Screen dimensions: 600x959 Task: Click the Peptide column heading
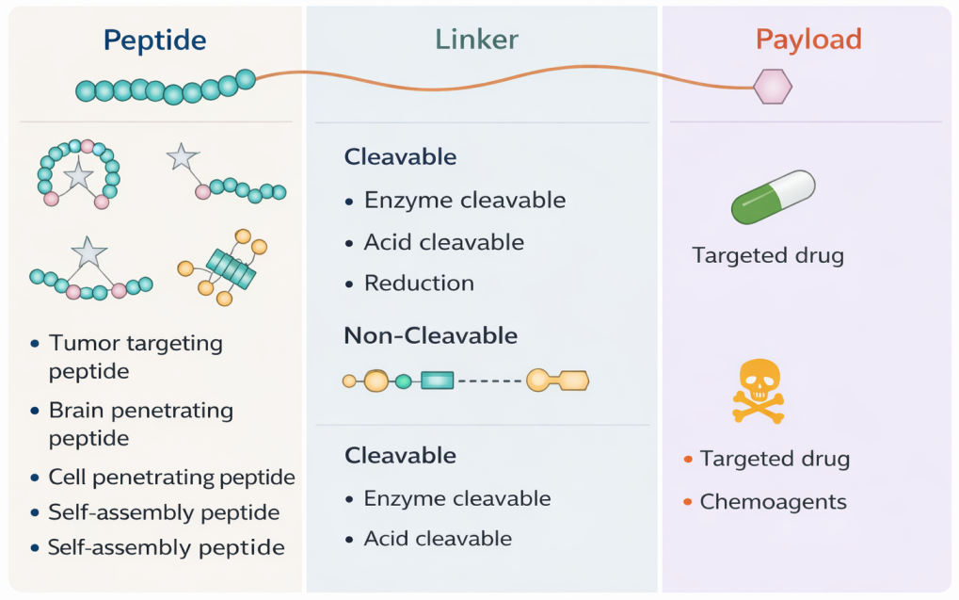click(154, 40)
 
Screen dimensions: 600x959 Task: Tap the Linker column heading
click(476, 40)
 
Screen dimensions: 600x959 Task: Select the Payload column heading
click(808, 40)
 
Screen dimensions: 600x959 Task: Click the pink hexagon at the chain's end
click(773, 88)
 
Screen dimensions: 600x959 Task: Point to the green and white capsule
click(773, 199)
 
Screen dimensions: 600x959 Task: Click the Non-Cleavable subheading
click(431, 335)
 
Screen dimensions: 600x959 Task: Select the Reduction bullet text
click(419, 283)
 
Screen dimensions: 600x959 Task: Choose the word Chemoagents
click(773, 501)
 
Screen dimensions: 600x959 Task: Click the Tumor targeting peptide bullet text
click(135, 357)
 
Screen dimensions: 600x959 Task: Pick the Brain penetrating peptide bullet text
click(140, 424)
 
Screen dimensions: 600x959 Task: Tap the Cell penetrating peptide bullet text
click(171, 478)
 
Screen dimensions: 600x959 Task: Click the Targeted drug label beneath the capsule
click(767, 255)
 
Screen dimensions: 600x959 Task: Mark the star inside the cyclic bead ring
click(77, 175)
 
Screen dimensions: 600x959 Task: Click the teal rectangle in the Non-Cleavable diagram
click(437, 381)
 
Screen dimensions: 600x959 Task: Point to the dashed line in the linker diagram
click(489, 381)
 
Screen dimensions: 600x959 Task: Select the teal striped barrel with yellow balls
click(230, 268)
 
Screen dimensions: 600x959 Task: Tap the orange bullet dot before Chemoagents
click(689, 502)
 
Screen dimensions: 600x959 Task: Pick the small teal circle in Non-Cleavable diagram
click(404, 381)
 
